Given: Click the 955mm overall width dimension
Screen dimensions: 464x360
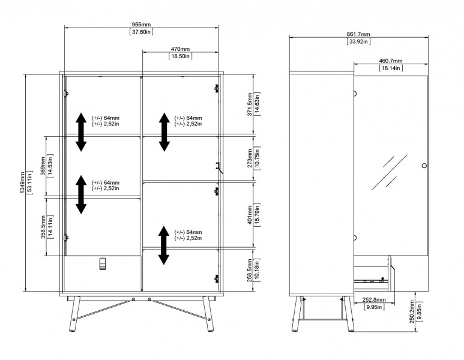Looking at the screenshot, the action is (141, 24).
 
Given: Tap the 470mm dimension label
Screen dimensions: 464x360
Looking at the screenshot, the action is (180, 49).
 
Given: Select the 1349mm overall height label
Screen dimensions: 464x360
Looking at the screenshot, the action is (22, 182).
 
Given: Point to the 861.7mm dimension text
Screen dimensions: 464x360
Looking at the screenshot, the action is (358, 34).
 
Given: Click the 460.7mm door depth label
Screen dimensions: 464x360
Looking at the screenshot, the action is (391, 61).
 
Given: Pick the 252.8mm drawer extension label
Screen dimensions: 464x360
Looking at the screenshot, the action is (374, 300).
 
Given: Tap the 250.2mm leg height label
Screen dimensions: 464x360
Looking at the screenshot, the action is (412, 312).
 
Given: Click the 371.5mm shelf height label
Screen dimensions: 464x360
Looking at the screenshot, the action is (250, 104).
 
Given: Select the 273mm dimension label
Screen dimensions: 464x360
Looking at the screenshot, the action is (250, 158).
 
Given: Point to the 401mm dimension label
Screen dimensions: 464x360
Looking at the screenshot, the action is (250, 215).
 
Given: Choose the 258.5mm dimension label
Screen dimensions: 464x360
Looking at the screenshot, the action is (250, 271).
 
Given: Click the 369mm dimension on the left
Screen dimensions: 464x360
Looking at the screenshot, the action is (43, 166).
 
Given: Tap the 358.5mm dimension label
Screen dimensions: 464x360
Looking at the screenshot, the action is (43, 227).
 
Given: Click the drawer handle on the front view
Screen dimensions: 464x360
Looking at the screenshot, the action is (102, 264).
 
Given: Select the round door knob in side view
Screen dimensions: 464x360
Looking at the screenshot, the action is (424, 166).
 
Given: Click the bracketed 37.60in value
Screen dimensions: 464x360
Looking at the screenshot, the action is (141, 32).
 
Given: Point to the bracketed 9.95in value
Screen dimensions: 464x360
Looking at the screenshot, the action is (374, 307).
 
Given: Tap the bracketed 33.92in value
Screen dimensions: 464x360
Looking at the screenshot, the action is (358, 41).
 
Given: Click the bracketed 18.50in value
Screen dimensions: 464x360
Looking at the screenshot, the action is (180, 56).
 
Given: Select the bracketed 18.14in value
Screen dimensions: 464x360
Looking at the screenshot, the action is (391, 68).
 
